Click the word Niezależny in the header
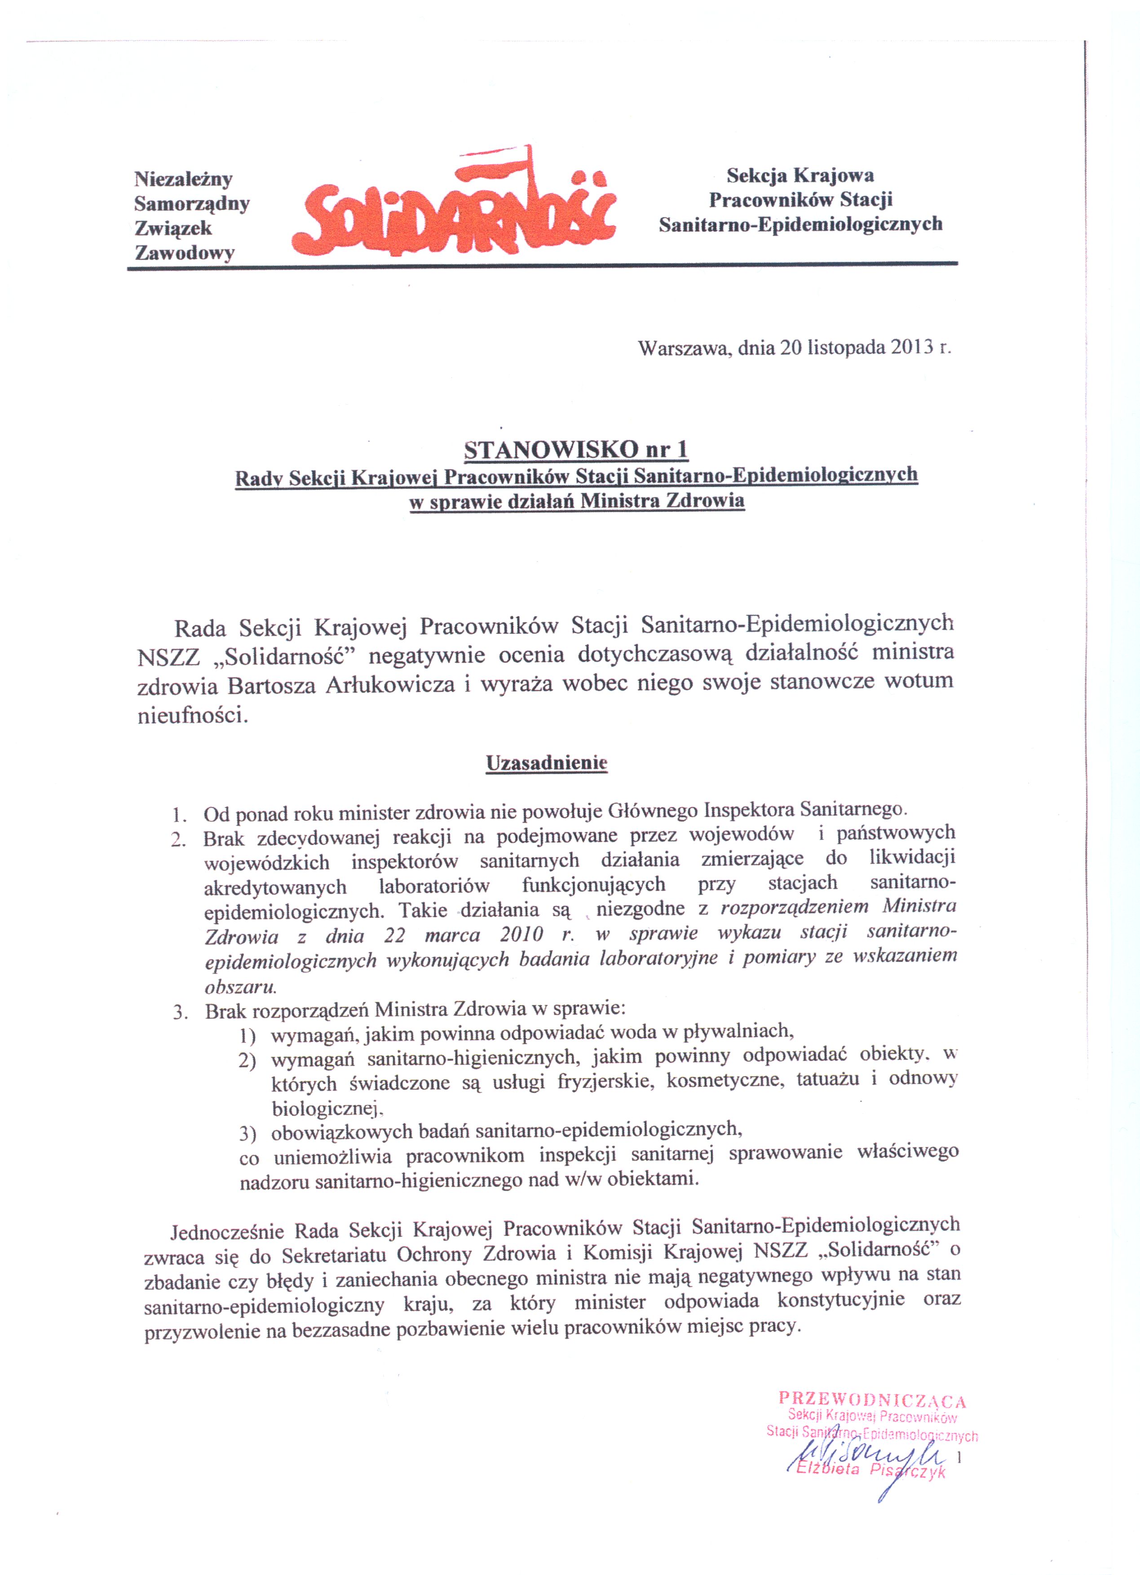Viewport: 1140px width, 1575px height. (x=183, y=179)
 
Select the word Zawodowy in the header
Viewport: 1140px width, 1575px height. (x=185, y=253)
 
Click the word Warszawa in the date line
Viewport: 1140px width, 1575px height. (x=683, y=348)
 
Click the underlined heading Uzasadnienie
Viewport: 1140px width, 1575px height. (x=546, y=763)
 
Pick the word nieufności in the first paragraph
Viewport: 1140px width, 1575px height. (x=192, y=715)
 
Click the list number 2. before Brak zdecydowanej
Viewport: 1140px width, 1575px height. (x=178, y=839)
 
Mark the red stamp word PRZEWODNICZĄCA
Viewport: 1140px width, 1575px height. (x=872, y=1399)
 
